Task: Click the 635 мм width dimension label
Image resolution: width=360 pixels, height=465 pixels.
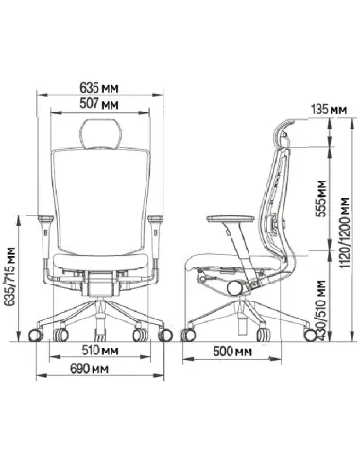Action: click(99, 88)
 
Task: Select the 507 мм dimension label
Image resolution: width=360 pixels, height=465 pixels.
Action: click(99, 103)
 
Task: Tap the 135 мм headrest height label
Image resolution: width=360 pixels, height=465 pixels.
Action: click(329, 110)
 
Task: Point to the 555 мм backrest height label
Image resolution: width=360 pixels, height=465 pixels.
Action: click(321, 198)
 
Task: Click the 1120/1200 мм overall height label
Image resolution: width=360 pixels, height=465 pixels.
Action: click(345, 233)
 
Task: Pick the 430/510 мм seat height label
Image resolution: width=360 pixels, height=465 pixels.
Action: click(321, 310)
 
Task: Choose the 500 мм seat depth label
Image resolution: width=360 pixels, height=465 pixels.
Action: click(232, 352)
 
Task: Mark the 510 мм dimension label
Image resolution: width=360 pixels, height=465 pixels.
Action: click(100, 351)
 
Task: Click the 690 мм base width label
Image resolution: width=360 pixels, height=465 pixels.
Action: click(89, 369)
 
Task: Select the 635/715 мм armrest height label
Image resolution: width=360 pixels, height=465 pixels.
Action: click(9, 277)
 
